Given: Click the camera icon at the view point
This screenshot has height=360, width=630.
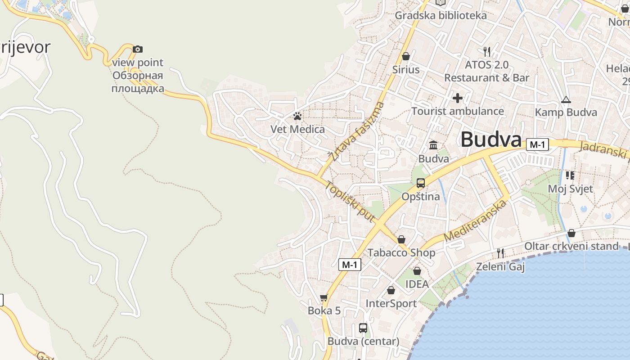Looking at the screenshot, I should click(x=138, y=49).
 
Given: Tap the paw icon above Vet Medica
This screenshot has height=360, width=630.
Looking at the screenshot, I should click(x=297, y=116).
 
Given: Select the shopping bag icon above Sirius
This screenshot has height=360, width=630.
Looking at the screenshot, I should click(x=406, y=56).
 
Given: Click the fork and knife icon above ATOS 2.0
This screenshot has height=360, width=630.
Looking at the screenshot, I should click(x=486, y=51).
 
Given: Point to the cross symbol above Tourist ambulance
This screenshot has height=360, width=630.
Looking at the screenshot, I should click(x=458, y=98).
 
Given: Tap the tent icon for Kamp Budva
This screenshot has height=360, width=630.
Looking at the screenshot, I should click(x=566, y=99).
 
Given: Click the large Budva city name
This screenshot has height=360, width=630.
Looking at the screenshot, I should click(x=490, y=139).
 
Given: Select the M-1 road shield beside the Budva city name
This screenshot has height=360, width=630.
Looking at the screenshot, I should click(x=538, y=144).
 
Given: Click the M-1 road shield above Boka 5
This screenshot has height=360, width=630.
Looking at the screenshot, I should click(x=350, y=265).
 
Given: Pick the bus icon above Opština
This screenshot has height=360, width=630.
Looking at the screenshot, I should click(x=421, y=183).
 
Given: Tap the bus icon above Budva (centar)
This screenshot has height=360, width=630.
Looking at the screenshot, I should click(x=363, y=328).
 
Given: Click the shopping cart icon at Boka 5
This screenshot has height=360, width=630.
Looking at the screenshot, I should click(x=324, y=297).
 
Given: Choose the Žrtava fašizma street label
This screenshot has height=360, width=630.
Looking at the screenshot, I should click(x=356, y=131).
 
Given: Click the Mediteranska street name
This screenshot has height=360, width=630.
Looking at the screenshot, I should click(x=475, y=221).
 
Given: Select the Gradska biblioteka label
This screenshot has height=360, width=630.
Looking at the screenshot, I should click(x=441, y=15).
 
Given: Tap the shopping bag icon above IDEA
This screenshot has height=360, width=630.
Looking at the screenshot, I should click(x=417, y=271).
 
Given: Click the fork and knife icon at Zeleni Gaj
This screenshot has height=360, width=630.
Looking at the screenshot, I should click(x=500, y=253).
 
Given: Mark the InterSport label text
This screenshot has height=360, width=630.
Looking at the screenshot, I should click(x=391, y=303).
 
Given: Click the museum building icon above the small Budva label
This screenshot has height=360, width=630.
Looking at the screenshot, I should click(x=434, y=145).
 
